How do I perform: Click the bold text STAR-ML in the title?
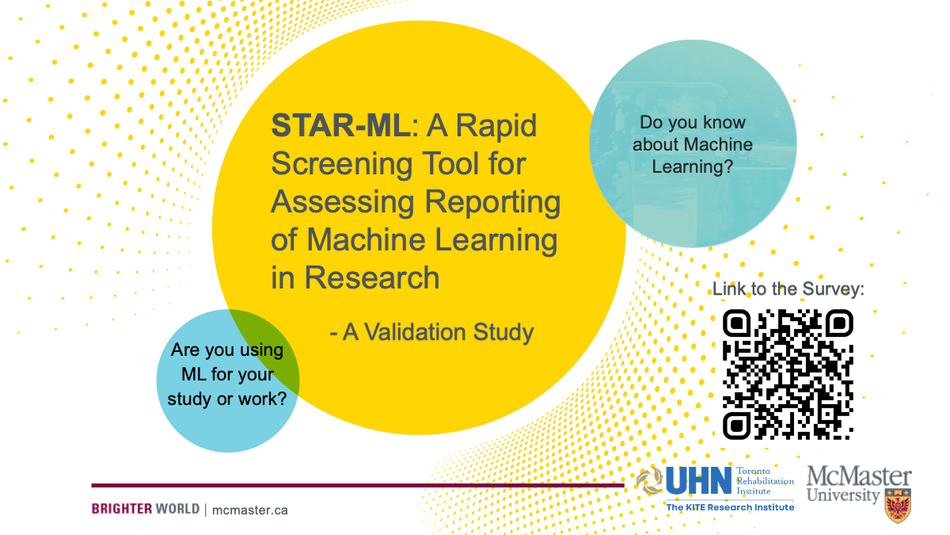coord(340,126)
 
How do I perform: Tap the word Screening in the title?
coord(342,165)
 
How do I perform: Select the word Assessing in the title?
coord(343,203)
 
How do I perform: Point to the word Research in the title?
coord(372,277)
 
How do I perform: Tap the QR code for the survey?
coord(788,374)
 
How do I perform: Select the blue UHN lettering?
coord(698,480)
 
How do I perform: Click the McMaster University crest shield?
coord(898,506)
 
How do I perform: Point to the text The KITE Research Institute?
coord(730,507)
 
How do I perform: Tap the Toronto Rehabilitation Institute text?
coord(765,481)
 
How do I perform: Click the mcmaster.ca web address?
coord(250,510)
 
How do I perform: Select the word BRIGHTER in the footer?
coord(122,509)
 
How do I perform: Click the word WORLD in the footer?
coord(177,509)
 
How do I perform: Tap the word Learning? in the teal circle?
coord(692,167)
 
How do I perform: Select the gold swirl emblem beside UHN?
coord(649,480)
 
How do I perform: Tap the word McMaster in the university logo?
coord(859,476)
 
